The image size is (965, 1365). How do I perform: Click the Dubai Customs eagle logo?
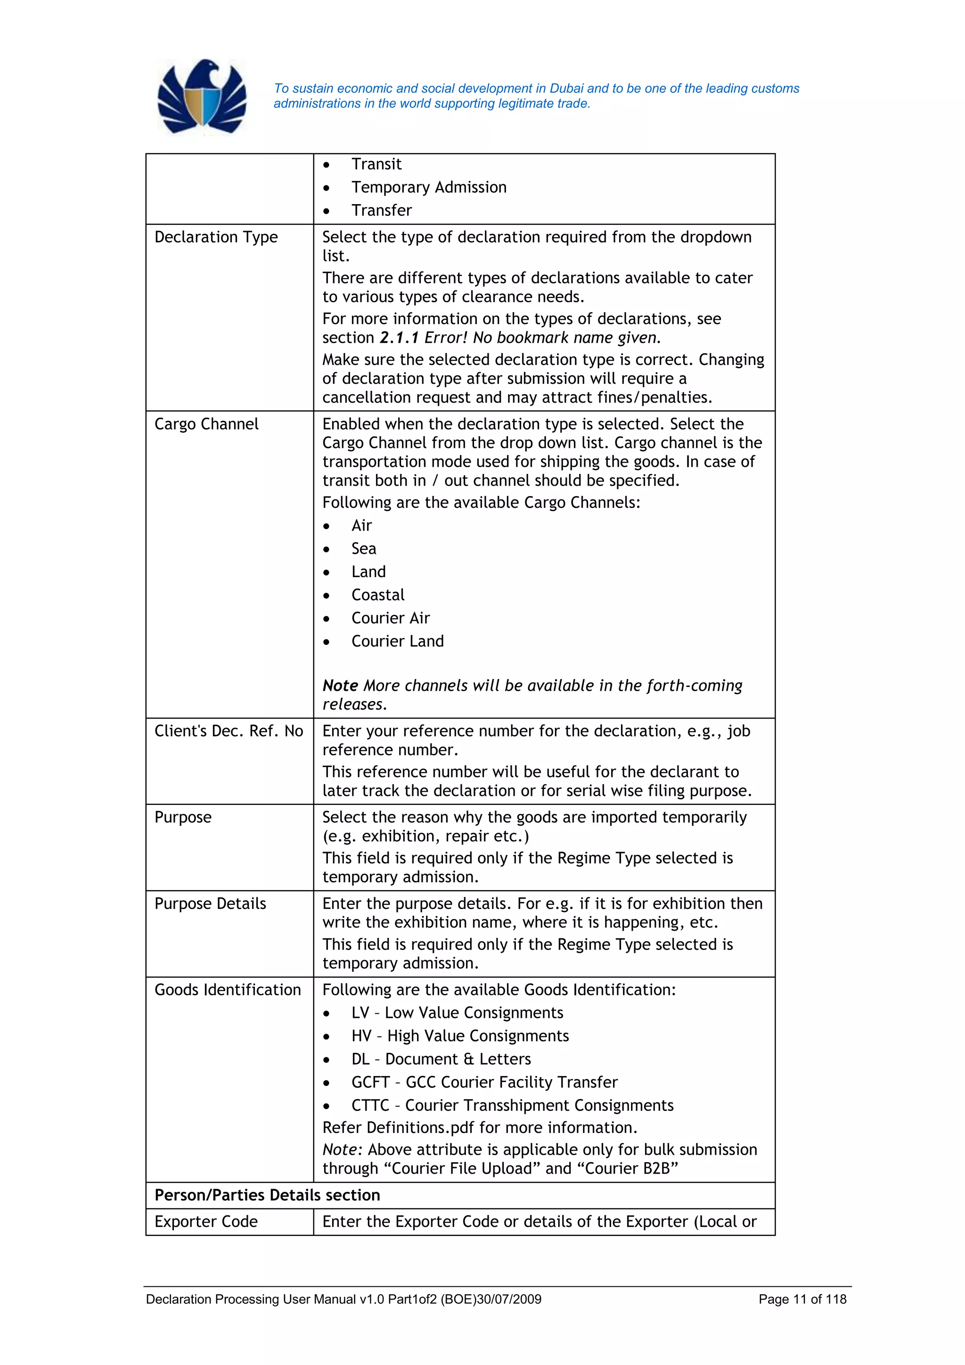coord(202,97)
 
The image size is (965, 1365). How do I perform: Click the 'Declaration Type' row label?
coord(216,237)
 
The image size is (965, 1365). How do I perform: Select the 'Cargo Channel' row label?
coord(206,424)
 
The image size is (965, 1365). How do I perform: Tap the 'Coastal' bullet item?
coord(377,595)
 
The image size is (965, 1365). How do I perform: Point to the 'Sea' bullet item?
coord(363,549)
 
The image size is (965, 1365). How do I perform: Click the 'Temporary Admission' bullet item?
coord(428,187)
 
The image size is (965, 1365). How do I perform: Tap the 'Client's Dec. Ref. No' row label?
coord(229,731)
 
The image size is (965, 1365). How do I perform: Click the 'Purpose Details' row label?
coord(210,904)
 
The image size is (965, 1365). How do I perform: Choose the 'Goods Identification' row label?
coord(228,990)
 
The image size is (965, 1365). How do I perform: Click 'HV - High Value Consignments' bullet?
coord(459,1036)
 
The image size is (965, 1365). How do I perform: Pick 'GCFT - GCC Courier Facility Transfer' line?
coord(484,1083)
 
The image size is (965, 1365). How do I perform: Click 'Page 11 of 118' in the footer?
coord(802,1299)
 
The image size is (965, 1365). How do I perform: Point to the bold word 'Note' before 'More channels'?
coord(340,686)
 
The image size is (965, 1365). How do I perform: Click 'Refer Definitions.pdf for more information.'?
coord(480,1128)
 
